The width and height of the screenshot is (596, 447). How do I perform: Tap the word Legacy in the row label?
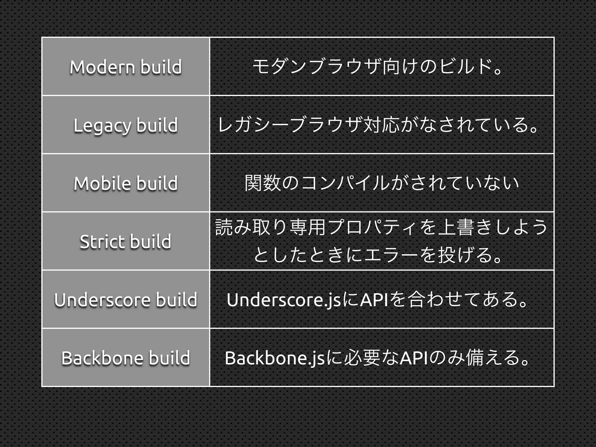click(x=102, y=126)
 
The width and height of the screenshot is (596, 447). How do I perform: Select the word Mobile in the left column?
click(x=102, y=183)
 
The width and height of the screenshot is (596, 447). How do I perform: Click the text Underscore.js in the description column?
click(x=284, y=300)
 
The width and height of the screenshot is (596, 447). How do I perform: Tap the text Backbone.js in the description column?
click(x=275, y=358)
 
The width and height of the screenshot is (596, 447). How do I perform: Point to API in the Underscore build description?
click(x=374, y=300)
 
